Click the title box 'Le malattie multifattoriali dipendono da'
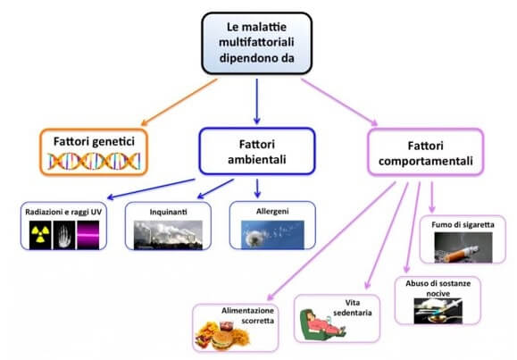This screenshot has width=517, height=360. point(256,43)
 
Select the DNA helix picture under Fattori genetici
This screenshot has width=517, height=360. point(94,162)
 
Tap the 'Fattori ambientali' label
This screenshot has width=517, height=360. point(257,152)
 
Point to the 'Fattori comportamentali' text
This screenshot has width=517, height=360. point(425,154)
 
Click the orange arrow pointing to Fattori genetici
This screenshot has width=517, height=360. point(179,102)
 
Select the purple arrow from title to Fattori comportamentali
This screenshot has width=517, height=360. point(339,102)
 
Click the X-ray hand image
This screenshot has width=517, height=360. point(64,235)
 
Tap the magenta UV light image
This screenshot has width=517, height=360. point(88,235)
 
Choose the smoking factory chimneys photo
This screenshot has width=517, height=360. point(168,235)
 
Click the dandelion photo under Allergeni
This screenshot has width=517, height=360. point(272,235)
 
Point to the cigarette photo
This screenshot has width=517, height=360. point(463,247)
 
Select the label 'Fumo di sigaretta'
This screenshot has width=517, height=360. point(463,225)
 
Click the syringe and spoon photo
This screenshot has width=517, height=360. point(438,311)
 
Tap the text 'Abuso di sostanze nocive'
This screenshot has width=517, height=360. point(438,288)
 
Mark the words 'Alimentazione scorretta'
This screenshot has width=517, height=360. point(247,315)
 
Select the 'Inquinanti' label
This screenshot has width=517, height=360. point(168,212)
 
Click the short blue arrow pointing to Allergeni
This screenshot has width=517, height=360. point(257,188)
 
